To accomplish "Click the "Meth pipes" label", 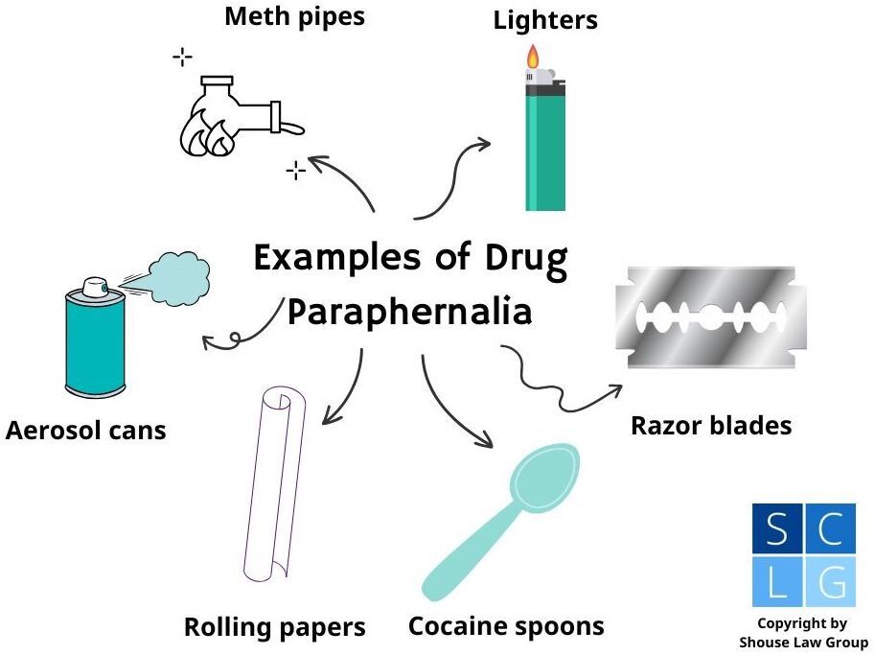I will [x=294, y=16].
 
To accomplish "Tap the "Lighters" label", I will [x=545, y=20].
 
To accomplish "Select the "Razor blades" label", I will [x=711, y=425].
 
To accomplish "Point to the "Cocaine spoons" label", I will [x=506, y=626].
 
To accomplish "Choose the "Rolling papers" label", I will [x=275, y=628].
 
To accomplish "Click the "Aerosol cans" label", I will [x=86, y=430].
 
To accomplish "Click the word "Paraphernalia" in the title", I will [x=409, y=312].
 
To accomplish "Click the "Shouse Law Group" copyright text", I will [x=803, y=642].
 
